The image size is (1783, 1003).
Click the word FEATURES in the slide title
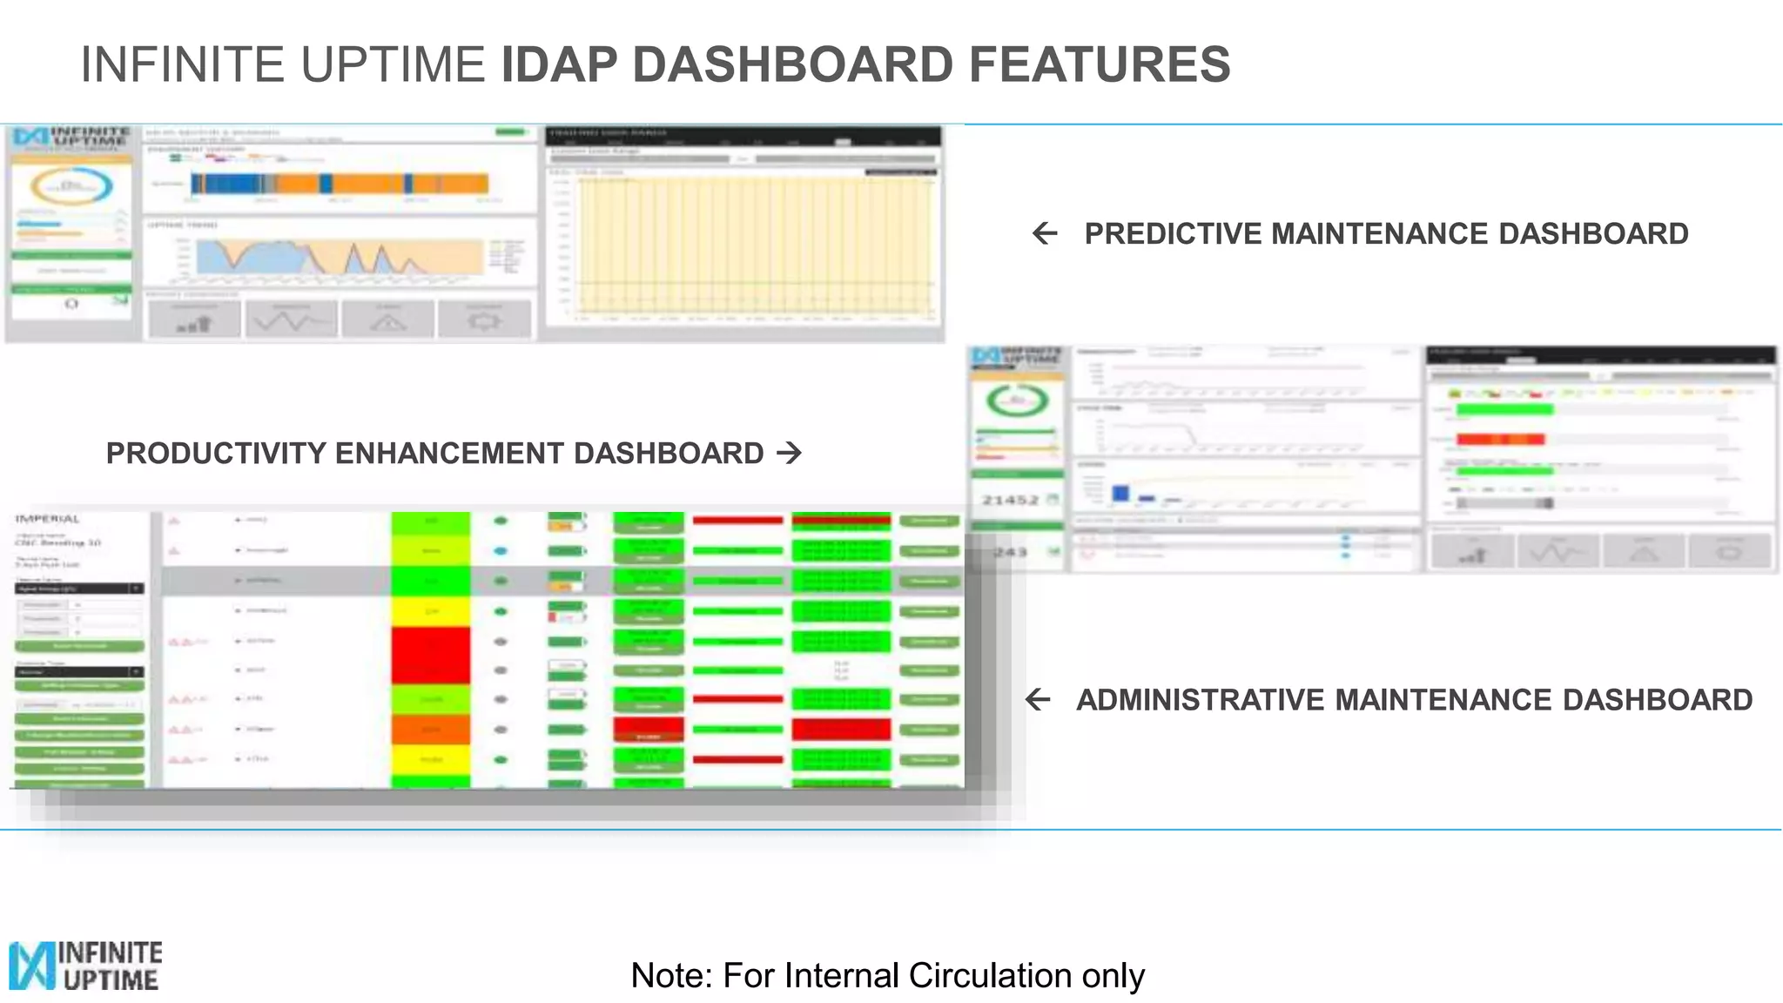(x=1100, y=65)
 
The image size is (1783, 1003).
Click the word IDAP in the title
(x=559, y=65)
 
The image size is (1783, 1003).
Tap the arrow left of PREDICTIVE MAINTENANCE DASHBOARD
(x=1044, y=233)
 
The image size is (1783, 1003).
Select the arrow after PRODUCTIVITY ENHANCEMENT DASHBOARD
(x=789, y=453)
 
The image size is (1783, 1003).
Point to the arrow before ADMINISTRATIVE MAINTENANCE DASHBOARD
(x=1038, y=699)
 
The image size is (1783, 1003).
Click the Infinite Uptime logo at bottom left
(x=85, y=965)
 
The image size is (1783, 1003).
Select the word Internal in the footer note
(x=831, y=975)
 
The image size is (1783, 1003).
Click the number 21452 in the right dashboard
(x=1010, y=500)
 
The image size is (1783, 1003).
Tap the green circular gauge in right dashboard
(x=1017, y=401)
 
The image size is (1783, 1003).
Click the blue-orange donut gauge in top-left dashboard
(x=72, y=185)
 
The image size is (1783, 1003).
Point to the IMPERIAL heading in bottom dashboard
(x=48, y=519)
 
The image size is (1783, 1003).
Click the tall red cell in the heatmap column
(x=430, y=655)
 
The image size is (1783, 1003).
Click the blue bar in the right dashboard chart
(x=1120, y=493)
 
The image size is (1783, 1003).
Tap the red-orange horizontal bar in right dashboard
(x=1500, y=439)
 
